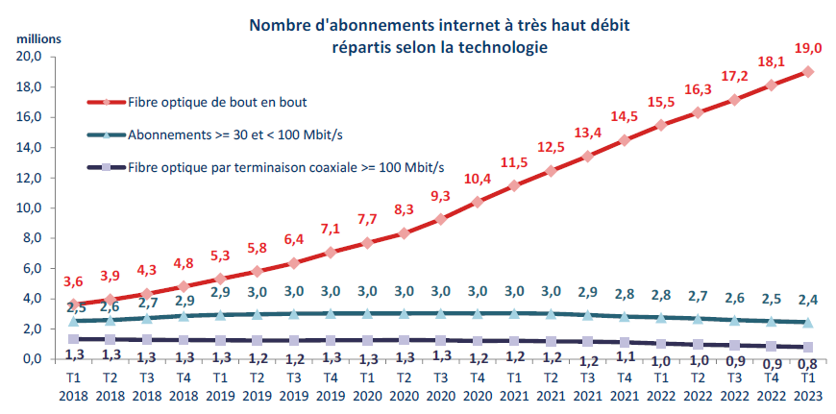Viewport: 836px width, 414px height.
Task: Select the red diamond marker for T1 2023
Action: point(808,71)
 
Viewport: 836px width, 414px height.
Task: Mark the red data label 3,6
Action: point(74,281)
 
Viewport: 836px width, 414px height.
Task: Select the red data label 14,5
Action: point(625,117)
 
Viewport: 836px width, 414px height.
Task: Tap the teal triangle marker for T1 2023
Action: point(808,322)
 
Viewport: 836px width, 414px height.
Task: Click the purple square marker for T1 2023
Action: point(808,347)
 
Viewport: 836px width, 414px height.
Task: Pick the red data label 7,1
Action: point(329,229)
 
